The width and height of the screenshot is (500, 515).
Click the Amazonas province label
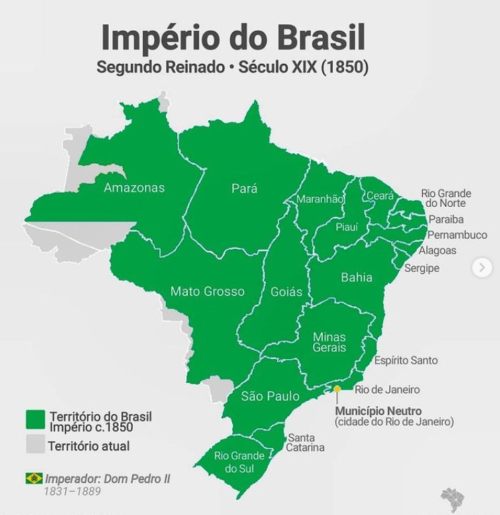tap(134, 188)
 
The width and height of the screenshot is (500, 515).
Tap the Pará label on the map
tap(244, 189)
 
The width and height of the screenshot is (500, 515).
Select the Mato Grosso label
tap(207, 291)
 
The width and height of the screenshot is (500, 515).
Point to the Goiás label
tap(286, 292)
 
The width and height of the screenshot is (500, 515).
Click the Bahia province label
tap(356, 277)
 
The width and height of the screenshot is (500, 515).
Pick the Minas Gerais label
tap(329, 342)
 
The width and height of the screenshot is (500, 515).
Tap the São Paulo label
tap(270, 396)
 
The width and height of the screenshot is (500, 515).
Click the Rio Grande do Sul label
tap(240, 462)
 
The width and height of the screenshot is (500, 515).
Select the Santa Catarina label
tap(305, 443)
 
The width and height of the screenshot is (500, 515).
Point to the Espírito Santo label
tap(405, 361)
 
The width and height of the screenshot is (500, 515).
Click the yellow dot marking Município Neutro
tap(338, 389)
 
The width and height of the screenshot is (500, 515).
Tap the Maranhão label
tap(320, 199)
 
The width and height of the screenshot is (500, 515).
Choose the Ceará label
tap(380, 196)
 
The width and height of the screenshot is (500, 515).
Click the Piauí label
tap(347, 227)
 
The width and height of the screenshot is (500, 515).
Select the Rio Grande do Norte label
tap(446, 198)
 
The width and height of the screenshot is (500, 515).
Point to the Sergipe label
tap(421, 268)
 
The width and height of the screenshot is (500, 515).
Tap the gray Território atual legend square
tap(35, 444)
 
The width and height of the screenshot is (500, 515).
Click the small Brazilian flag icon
tap(34, 478)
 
